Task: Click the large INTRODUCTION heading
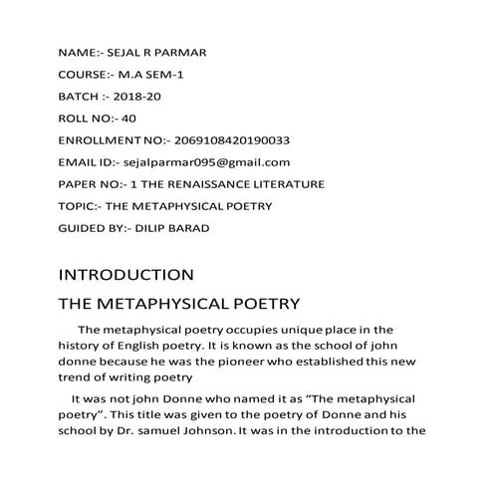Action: click(x=125, y=274)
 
